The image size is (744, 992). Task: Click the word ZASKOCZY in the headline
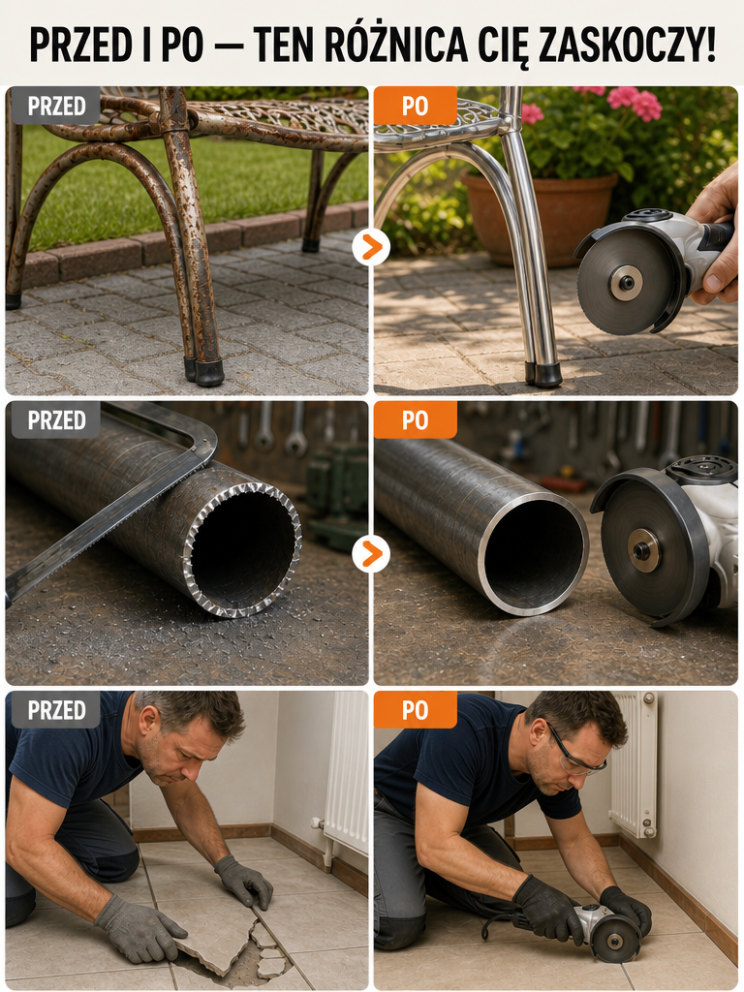pos(627,45)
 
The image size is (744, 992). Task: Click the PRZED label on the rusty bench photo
pos(56,106)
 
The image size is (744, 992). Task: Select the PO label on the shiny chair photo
pos(415,106)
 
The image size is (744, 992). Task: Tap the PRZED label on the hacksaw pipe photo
pos(56,419)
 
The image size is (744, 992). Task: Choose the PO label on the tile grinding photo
pos(415,710)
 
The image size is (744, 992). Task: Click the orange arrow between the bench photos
pos(371,247)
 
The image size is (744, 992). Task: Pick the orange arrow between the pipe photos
pos(371,553)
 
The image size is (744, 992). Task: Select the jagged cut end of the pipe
pos(242,550)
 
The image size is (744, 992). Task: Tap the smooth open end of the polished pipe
pos(533,552)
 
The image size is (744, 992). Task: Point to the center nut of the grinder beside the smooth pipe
pos(644,550)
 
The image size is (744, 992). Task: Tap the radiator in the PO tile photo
pos(633,764)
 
